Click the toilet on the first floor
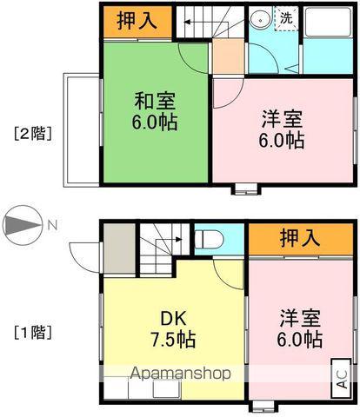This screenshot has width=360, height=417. point(209,237)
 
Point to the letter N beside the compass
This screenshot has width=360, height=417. point(52,226)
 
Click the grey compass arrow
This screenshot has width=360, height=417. point(22,226)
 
